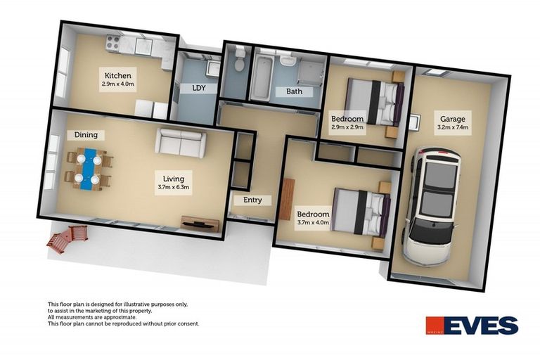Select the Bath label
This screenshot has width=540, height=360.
pos(294,91)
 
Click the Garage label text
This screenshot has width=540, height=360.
pos(452,119)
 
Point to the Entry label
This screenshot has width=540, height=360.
pos(252,200)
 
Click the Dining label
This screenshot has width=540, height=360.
pos(85,134)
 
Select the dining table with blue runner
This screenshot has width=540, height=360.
pos(89,169)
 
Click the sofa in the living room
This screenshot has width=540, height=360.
pos(181,142)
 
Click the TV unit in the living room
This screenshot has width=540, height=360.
pos(200,224)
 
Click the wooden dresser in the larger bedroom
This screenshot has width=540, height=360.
pos(287,198)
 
